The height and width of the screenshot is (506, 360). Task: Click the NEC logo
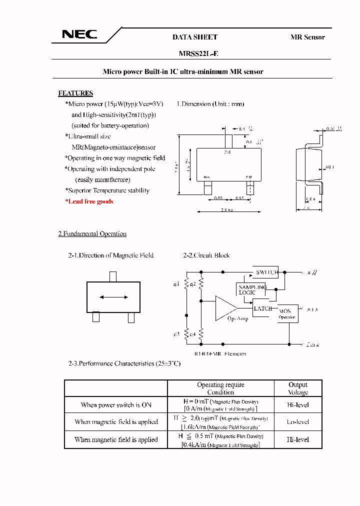tap(79, 34)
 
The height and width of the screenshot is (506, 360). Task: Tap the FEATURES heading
tap(75, 93)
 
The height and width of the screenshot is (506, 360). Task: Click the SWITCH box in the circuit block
tap(266, 272)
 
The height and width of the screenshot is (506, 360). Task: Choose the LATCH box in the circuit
tap(263, 308)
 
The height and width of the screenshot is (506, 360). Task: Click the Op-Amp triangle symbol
tap(226, 308)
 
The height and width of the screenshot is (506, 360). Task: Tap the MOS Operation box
tap(287, 313)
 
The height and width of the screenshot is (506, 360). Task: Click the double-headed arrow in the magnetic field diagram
tap(114, 297)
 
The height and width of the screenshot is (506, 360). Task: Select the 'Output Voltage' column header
tap(298, 388)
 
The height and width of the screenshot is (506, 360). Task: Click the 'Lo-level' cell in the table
tap(298, 421)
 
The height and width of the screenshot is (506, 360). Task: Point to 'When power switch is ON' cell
tap(116, 405)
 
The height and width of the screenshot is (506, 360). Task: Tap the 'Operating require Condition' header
tap(220, 388)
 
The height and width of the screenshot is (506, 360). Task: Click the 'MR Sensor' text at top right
tap(307, 37)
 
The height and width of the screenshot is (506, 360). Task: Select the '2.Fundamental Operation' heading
tap(92, 234)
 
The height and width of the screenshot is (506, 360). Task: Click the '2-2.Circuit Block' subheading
tap(206, 255)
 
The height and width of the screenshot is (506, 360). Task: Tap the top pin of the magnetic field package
tap(113, 276)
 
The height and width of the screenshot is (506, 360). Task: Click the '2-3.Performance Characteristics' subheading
tap(124, 363)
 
